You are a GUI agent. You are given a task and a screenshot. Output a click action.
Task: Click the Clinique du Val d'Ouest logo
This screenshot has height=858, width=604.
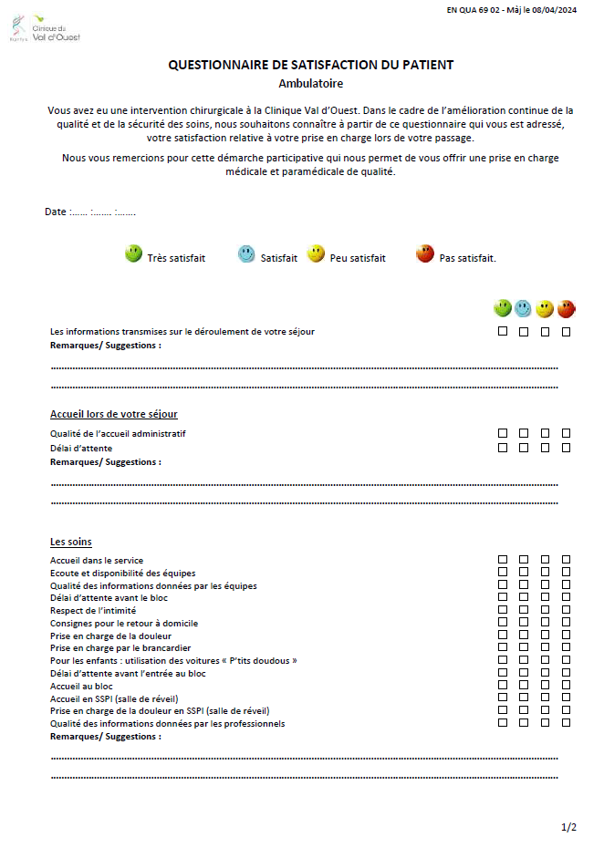click(47, 28)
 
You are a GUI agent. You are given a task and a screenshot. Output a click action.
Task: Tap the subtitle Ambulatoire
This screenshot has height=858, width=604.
click(311, 83)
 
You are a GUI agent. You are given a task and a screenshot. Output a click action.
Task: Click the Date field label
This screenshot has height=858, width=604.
click(56, 212)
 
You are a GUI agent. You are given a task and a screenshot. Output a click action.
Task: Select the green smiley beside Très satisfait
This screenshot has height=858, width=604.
click(133, 254)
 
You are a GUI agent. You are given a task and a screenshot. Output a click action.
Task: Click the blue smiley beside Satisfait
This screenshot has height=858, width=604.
click(246, 254)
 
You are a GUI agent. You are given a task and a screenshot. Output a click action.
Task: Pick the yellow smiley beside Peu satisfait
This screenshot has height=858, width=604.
click(316, 254)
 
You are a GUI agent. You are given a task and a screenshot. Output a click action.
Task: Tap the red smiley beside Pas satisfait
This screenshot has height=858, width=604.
click(424, 254)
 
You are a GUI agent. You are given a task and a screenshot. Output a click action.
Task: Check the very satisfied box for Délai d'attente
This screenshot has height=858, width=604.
click(503, 448)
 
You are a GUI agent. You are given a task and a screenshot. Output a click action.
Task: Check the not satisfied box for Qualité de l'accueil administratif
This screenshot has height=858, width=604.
click(566, 433)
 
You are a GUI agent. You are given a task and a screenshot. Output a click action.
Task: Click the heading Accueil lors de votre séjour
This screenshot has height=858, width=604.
click(114, 414)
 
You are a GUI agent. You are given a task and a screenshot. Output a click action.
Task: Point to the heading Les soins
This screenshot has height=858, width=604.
click(71, 542)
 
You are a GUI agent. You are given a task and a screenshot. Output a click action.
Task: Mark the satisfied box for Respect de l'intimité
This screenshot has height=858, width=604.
click(524, 609)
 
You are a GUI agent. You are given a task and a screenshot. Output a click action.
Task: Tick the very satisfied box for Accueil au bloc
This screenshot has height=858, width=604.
click(503, 685)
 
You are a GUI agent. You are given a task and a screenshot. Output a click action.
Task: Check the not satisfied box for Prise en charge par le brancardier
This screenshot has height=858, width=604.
click(566, 647)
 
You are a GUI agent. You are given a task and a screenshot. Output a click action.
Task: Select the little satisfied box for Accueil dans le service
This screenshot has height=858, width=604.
click(545, 559)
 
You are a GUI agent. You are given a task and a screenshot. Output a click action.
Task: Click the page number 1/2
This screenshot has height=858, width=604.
click(568, 827)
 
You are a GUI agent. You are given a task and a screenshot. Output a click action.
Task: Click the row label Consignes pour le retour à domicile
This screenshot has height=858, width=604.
click(123, 623)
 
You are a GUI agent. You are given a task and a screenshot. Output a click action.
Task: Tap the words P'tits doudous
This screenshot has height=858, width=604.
click(261, 660)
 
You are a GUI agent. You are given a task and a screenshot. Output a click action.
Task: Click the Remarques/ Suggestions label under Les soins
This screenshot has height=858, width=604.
click(106, 736)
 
